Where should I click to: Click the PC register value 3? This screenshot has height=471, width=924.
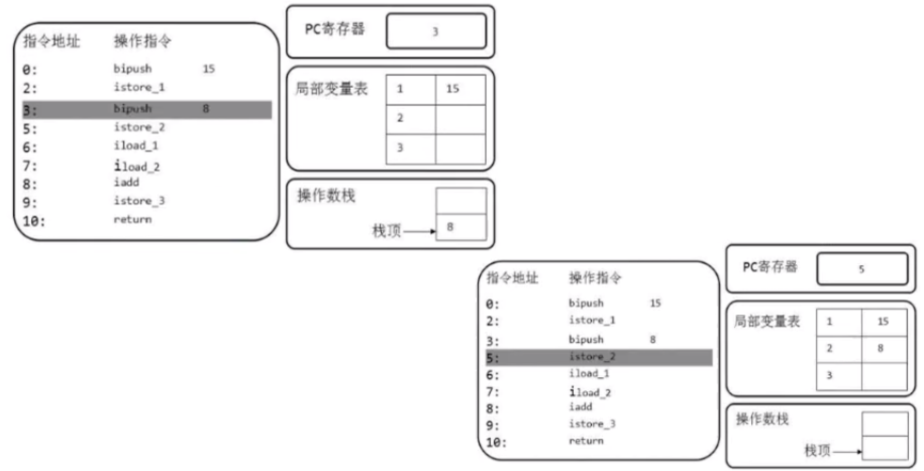tap(435, 32)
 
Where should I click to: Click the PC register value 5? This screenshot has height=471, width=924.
tap(861, 269)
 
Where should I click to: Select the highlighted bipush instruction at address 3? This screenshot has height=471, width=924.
tap(132, 109)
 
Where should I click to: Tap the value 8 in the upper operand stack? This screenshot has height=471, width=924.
tap(450, 227)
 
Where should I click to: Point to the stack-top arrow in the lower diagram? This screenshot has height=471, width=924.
tap(847, 452)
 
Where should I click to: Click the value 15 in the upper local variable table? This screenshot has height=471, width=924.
tap(452, 89)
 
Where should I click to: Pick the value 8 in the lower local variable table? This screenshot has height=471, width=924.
tap(881, 348)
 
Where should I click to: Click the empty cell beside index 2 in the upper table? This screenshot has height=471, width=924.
tap(460, 119)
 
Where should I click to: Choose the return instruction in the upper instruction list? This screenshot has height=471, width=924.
tap(132, 219)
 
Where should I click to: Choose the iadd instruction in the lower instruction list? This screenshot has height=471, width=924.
tap(581, 407)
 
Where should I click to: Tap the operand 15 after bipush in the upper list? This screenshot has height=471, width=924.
tap(209, 69)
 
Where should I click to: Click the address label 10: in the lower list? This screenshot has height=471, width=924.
tap(496, 443)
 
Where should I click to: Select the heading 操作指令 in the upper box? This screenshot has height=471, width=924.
tap(142, 41)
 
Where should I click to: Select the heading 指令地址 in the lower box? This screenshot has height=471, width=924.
tap(512, 278)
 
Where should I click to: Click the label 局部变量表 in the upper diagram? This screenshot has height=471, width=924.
tap(331, 89)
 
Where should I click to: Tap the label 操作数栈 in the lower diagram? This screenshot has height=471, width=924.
tap(762, 419)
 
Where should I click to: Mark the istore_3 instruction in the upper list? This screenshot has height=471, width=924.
tap(139, 201)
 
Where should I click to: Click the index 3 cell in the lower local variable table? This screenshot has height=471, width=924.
tap(829, 376)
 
